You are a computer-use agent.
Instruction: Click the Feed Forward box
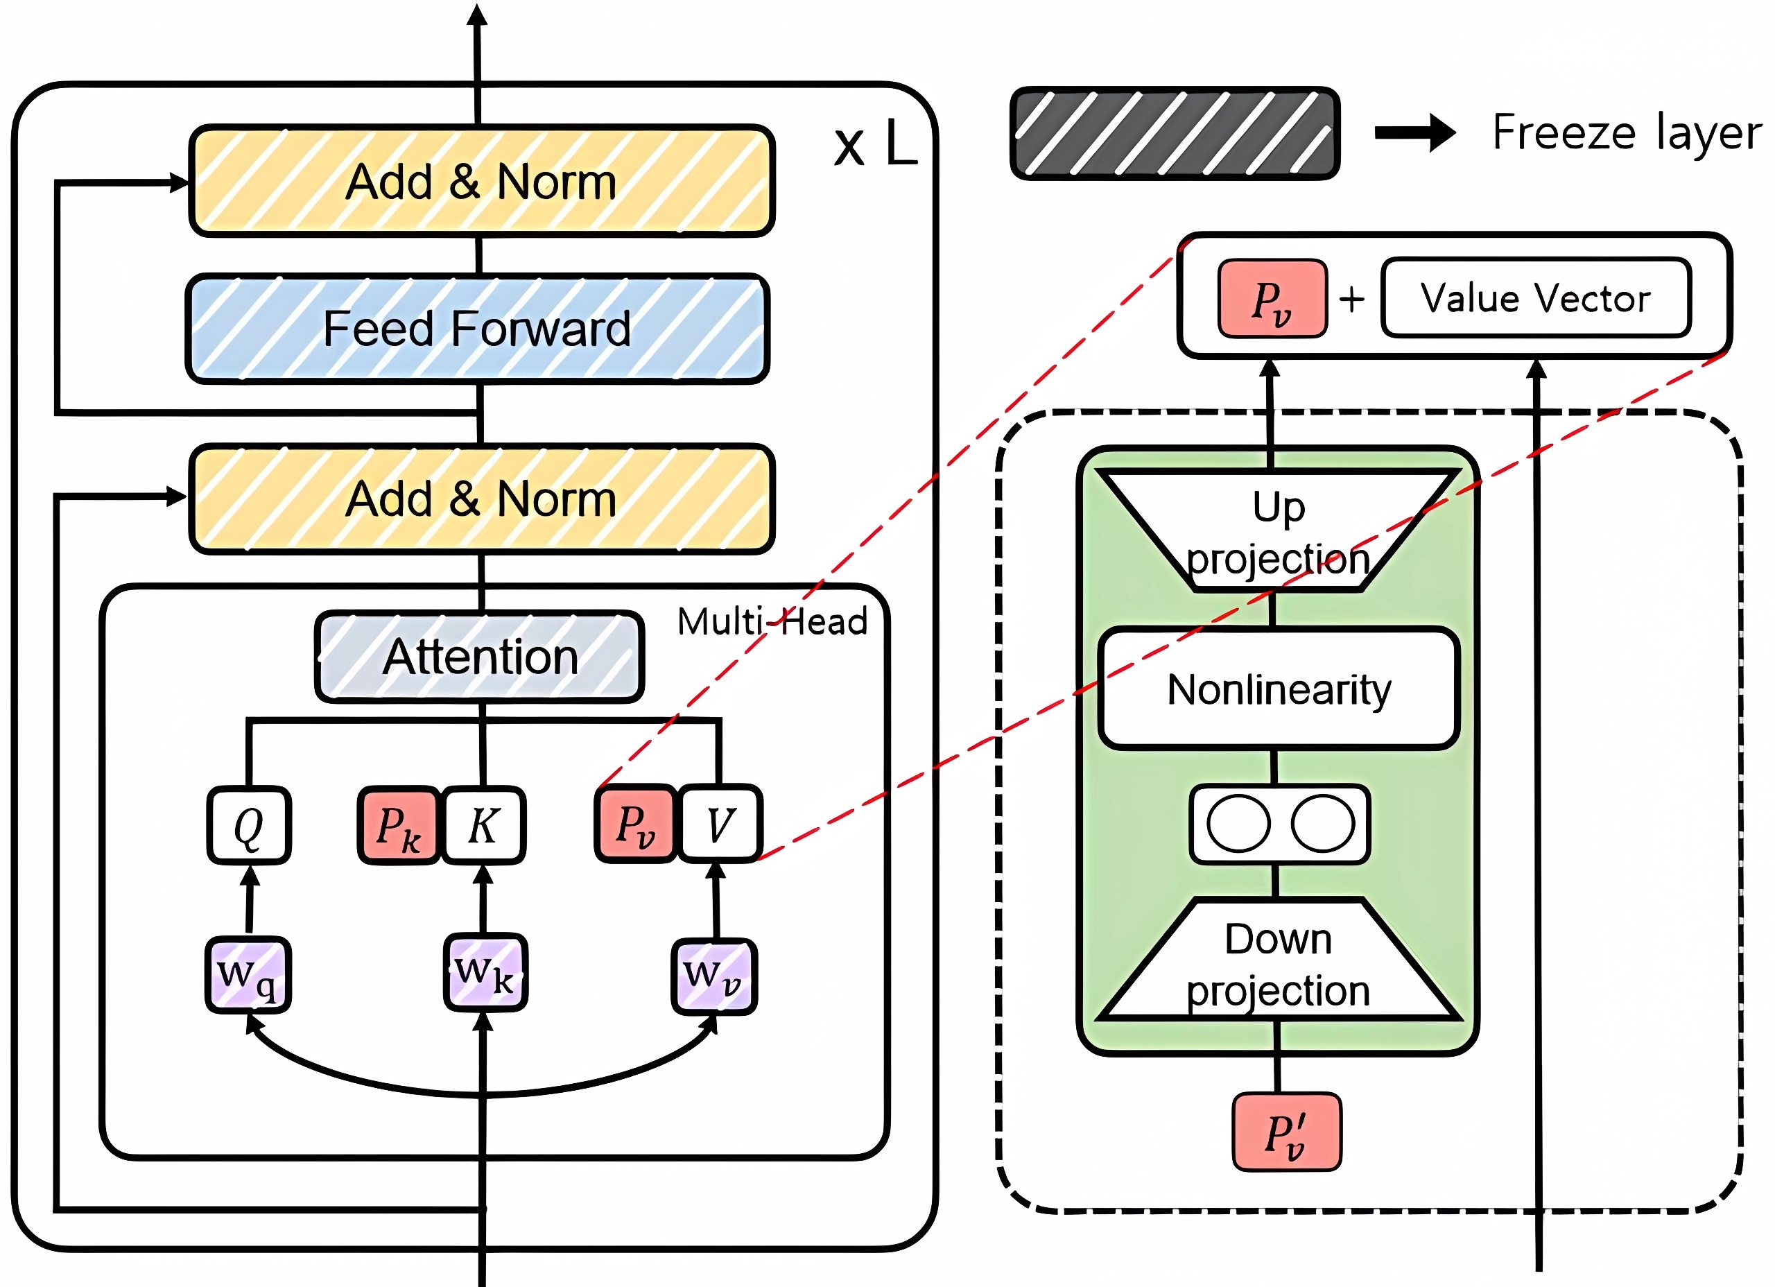(x=478, y=329)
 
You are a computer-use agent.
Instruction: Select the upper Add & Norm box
(x=482, y=181)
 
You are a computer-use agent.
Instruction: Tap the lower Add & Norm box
(x=482, y=499)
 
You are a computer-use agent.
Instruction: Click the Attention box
(x=480, y=656)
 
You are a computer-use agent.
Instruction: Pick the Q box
(x=249, y=825)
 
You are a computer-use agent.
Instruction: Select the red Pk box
(x=399, y=825)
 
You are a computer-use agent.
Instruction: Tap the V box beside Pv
(x=719, y=824)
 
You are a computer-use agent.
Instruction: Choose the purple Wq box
(x=248, y=975)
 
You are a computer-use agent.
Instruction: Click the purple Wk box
(x=485, y=972)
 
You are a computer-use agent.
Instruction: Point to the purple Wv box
(x=713, y=976)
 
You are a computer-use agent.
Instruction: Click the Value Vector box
(x=1536, y=298)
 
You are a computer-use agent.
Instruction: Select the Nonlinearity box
(x=1279, y=689)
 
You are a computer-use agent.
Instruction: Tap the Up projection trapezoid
(x=1279, y=530)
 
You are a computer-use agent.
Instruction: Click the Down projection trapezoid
(x=1279, y=959)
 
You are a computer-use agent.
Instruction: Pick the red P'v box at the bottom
(x=1287, y=1132)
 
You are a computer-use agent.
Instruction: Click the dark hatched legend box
(x=1175, y=133)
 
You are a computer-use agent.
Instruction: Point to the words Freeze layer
(x=1627, y=132)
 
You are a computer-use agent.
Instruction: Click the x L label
(x=875, y=144)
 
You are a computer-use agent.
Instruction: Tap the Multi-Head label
(x=772, y=621)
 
